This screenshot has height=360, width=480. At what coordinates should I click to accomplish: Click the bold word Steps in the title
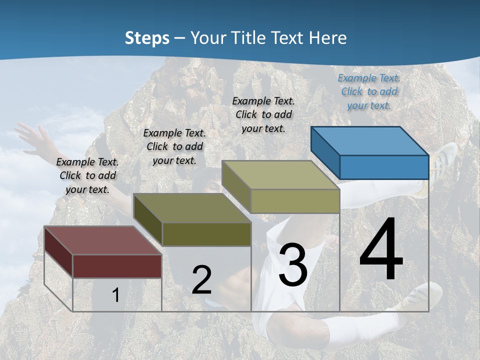147,38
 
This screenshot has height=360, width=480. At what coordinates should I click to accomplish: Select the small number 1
115,295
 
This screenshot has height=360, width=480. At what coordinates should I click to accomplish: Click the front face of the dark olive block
206,234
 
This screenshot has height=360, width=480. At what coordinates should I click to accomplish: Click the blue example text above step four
369,91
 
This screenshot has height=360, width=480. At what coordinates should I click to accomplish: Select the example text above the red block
87,175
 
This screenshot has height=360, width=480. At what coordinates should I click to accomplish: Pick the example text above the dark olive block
174,146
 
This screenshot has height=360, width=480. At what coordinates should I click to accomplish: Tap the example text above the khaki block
263,114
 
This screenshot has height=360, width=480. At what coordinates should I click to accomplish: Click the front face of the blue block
384,167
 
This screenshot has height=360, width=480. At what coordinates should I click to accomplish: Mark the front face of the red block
117,266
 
